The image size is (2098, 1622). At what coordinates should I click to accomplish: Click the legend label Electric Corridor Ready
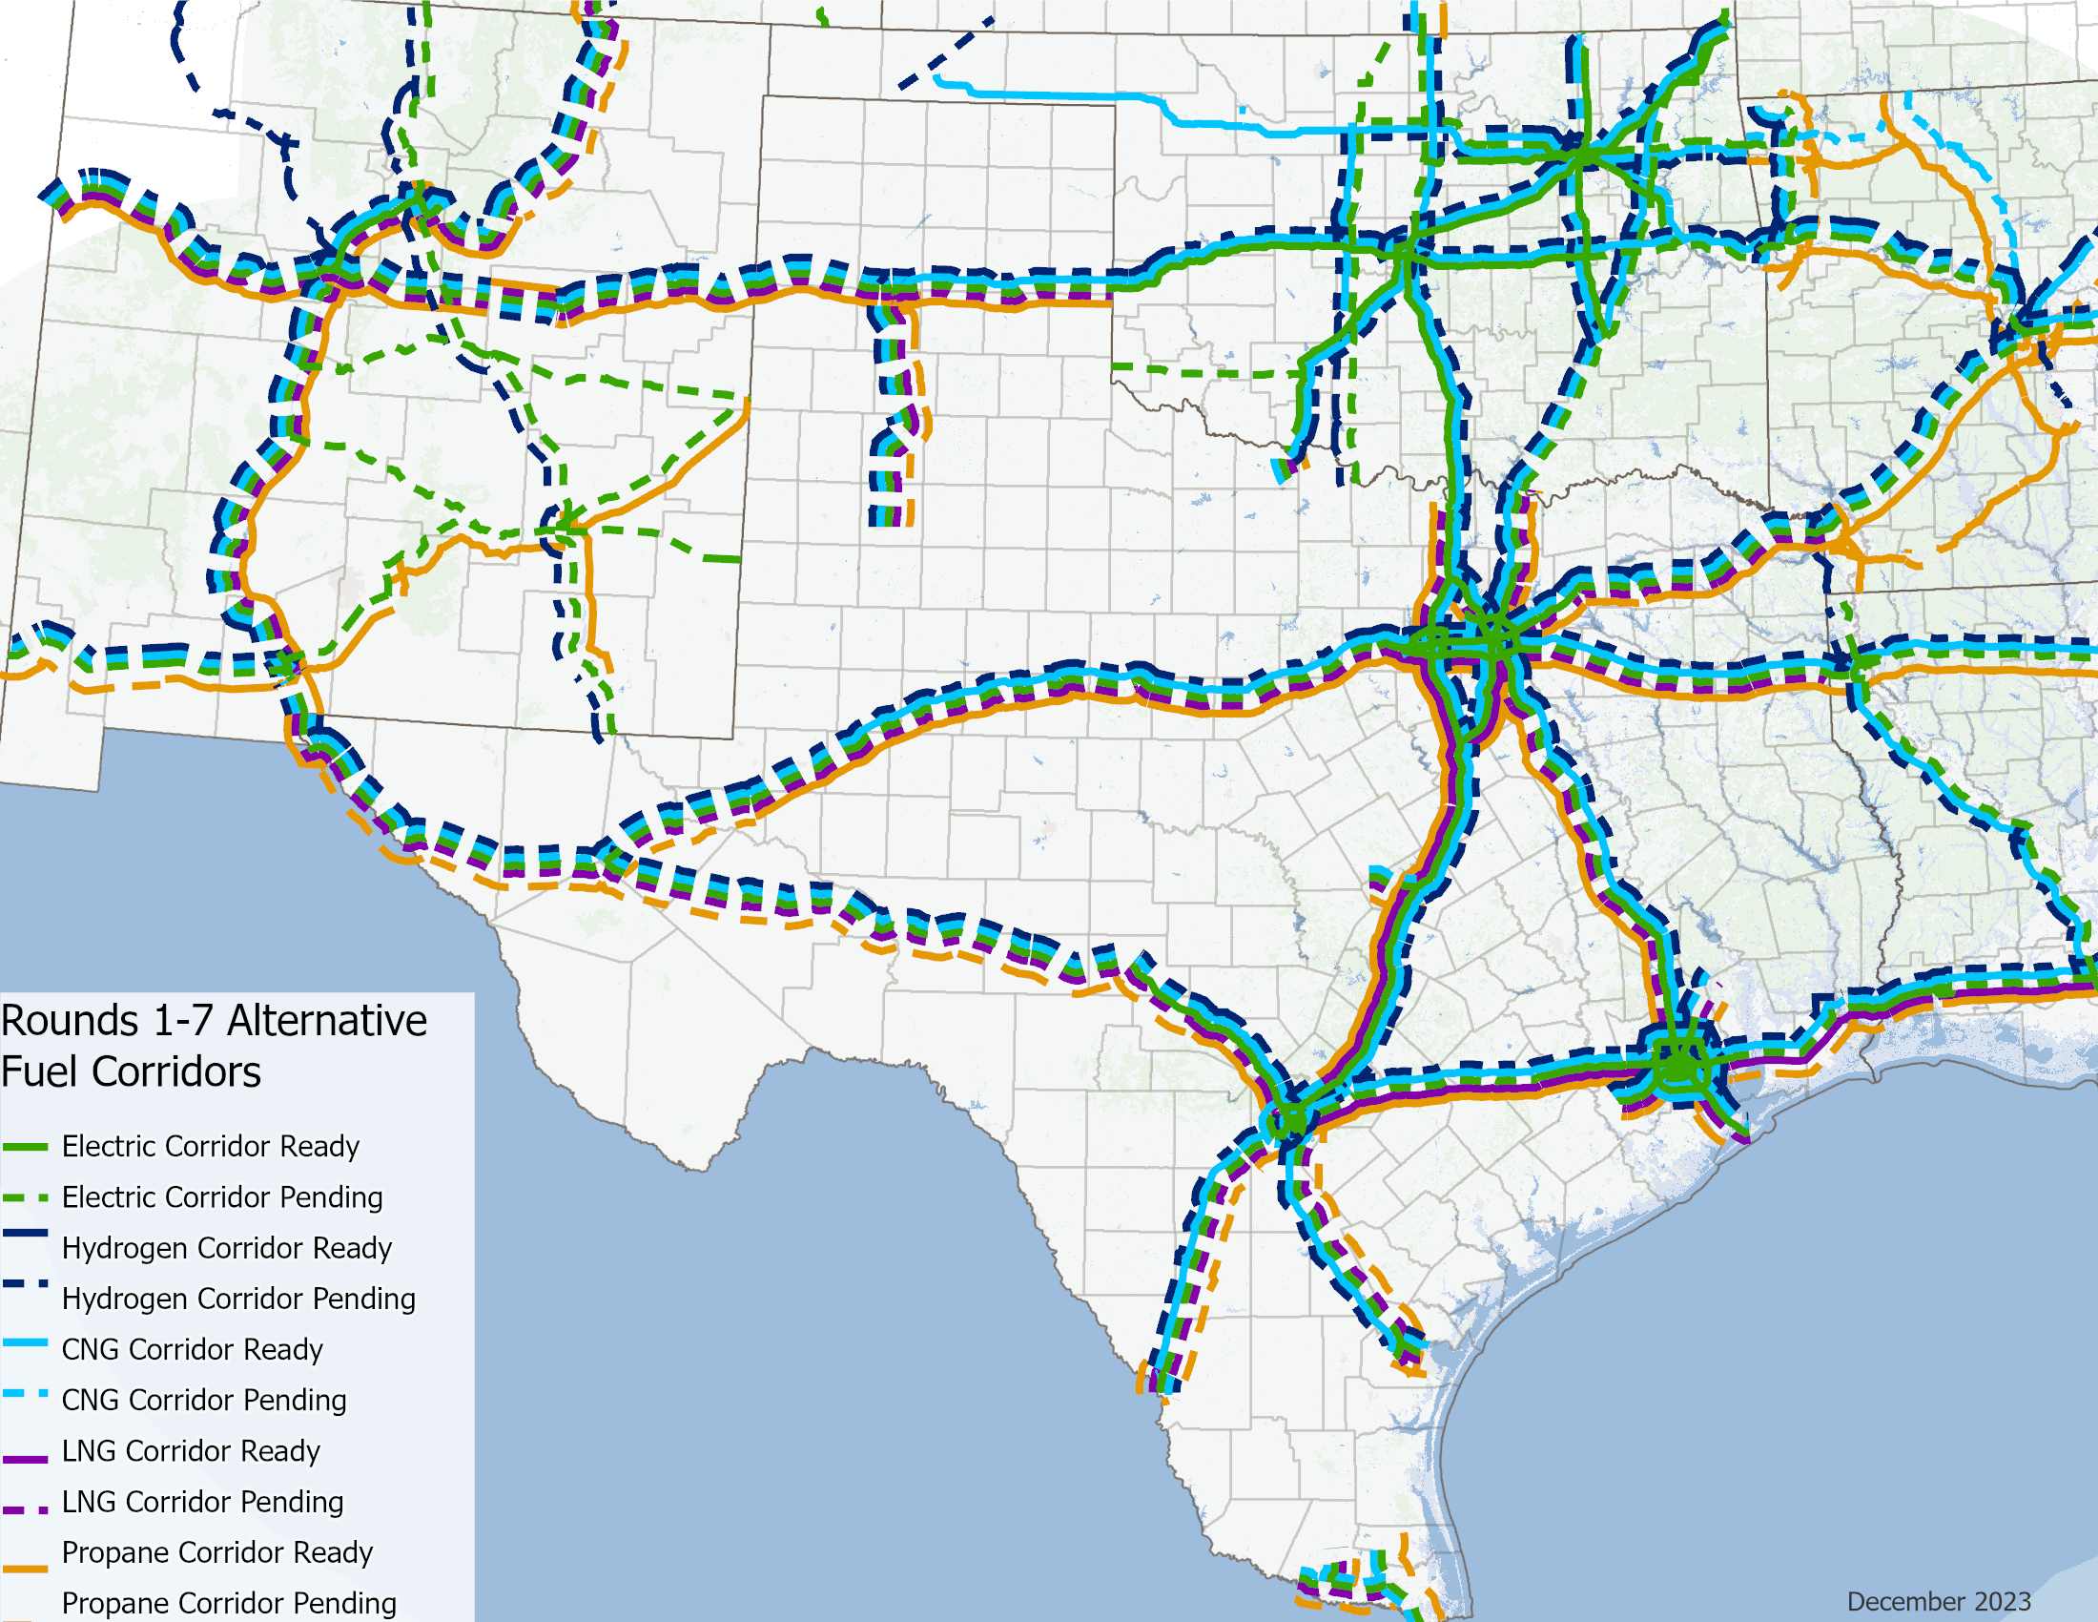[211, 1146]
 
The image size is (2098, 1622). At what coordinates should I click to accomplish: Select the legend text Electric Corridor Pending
[222, 1197]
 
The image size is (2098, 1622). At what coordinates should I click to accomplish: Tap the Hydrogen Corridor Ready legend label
[227, 1248]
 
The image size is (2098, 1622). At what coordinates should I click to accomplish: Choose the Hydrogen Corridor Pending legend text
[238, 1300]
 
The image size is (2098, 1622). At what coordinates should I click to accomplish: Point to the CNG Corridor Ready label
[192, 1350]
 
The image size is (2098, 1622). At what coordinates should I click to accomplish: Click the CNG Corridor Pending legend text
[204, 1400]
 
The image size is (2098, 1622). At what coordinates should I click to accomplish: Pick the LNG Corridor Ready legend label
[190, 1451]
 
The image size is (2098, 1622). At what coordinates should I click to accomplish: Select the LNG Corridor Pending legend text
[202, 1502]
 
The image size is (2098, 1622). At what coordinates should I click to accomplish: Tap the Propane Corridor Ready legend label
[217, 1552]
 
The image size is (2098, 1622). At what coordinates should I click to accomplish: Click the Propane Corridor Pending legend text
[229, 1603]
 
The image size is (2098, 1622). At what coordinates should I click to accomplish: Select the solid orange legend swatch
[25, 1570]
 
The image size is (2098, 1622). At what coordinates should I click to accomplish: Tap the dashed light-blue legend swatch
[25, 1394]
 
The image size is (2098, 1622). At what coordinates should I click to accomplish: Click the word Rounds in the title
[71, 1021]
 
